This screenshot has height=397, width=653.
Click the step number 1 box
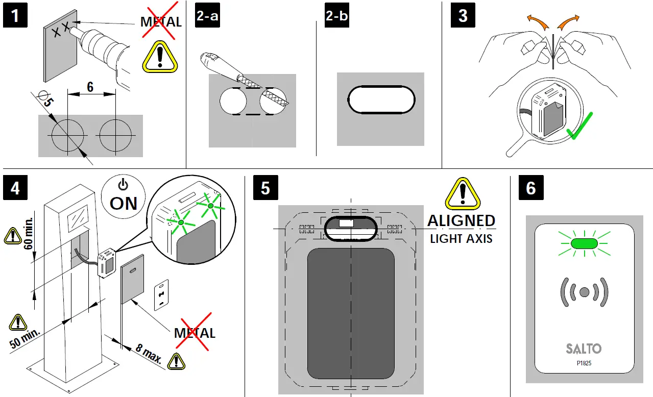coord(16,16)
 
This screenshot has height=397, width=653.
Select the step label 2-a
coord(207,16)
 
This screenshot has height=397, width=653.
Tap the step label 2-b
coord(336,16)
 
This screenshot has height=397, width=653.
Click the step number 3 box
coord(463,16)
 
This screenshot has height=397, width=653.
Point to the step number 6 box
coord(531,188)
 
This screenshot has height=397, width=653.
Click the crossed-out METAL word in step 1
coord(161,22)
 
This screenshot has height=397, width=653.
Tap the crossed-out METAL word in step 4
coord(195,333)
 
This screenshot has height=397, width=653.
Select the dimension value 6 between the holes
coord(90,87)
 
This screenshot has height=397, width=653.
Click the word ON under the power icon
coord(124,204)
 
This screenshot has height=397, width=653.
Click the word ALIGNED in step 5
coord(461,221)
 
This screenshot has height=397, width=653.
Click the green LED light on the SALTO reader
coord(585,244)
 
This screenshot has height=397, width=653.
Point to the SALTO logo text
coord(584,349)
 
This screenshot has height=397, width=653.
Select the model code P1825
coord(584,363)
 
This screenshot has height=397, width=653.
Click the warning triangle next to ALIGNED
coord(463,195)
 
